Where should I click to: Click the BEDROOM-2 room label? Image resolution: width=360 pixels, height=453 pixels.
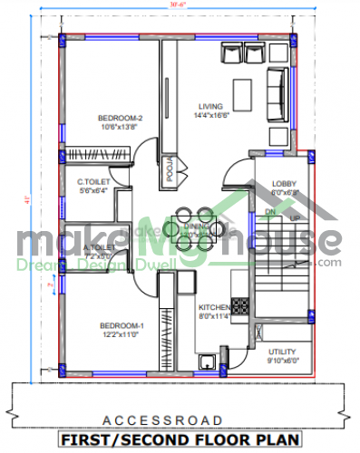pos(122,118)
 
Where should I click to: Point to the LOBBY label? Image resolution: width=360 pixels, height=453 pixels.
pos(283,183)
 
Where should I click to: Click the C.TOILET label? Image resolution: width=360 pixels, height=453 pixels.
pos(94,182)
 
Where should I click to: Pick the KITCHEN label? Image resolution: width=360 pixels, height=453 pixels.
pos(214,307)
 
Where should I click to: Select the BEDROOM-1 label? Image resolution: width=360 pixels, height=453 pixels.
pos(122,325)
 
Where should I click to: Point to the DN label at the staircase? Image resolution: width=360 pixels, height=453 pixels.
pos(269,212)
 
